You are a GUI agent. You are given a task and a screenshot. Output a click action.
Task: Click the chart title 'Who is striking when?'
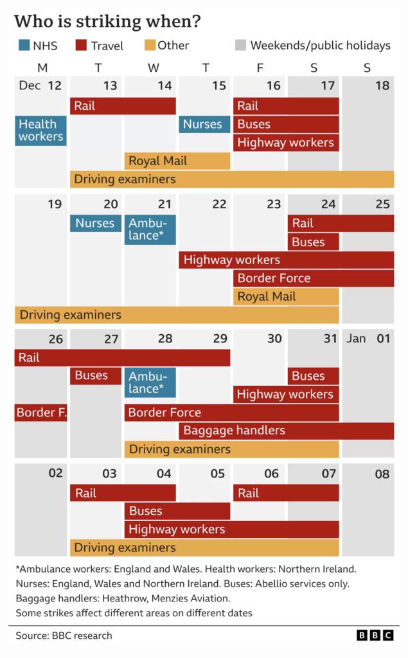click(107, 21)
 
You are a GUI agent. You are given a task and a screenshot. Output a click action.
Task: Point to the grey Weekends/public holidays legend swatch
click(240, 46)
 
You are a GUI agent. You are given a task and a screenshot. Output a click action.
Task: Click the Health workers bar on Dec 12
click(41, 130)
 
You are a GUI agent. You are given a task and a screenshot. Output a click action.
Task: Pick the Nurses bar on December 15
click(204, 124)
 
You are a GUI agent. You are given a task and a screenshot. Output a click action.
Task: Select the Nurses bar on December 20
click(95, 223)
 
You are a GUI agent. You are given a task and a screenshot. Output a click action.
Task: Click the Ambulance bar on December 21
click(150, 229)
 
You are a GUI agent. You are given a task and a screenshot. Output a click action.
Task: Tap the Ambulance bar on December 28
click(150, 382)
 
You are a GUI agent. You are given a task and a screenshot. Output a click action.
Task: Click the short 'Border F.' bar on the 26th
click(41, 413)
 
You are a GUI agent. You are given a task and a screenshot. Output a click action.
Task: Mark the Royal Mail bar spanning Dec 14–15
click(177, 161)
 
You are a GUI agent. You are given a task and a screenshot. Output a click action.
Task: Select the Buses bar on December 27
click(95, 375)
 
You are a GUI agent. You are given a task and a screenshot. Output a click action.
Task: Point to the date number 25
click(382, 204)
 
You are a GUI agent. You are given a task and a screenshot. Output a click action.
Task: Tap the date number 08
click(382, 474)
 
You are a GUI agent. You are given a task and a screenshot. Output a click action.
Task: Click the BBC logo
click(375, 636)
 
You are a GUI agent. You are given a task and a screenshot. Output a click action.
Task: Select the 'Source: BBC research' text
click(64, 636)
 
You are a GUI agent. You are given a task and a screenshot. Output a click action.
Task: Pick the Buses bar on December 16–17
click(286, 124)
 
